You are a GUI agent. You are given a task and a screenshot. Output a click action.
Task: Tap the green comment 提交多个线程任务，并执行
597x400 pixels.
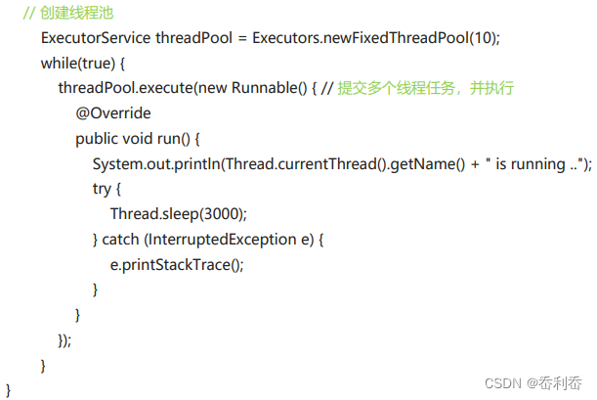pyautogui.click(x=426, y=89)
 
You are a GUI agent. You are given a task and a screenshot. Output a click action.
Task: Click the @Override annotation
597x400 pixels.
pyautogui.click(x=113, y=113)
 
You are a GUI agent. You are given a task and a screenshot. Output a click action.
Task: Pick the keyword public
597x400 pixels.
pyautogui.click(x=99, y=139)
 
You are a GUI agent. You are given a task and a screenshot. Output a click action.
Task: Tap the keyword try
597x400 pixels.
pyautogui.click(x=104, y=189)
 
